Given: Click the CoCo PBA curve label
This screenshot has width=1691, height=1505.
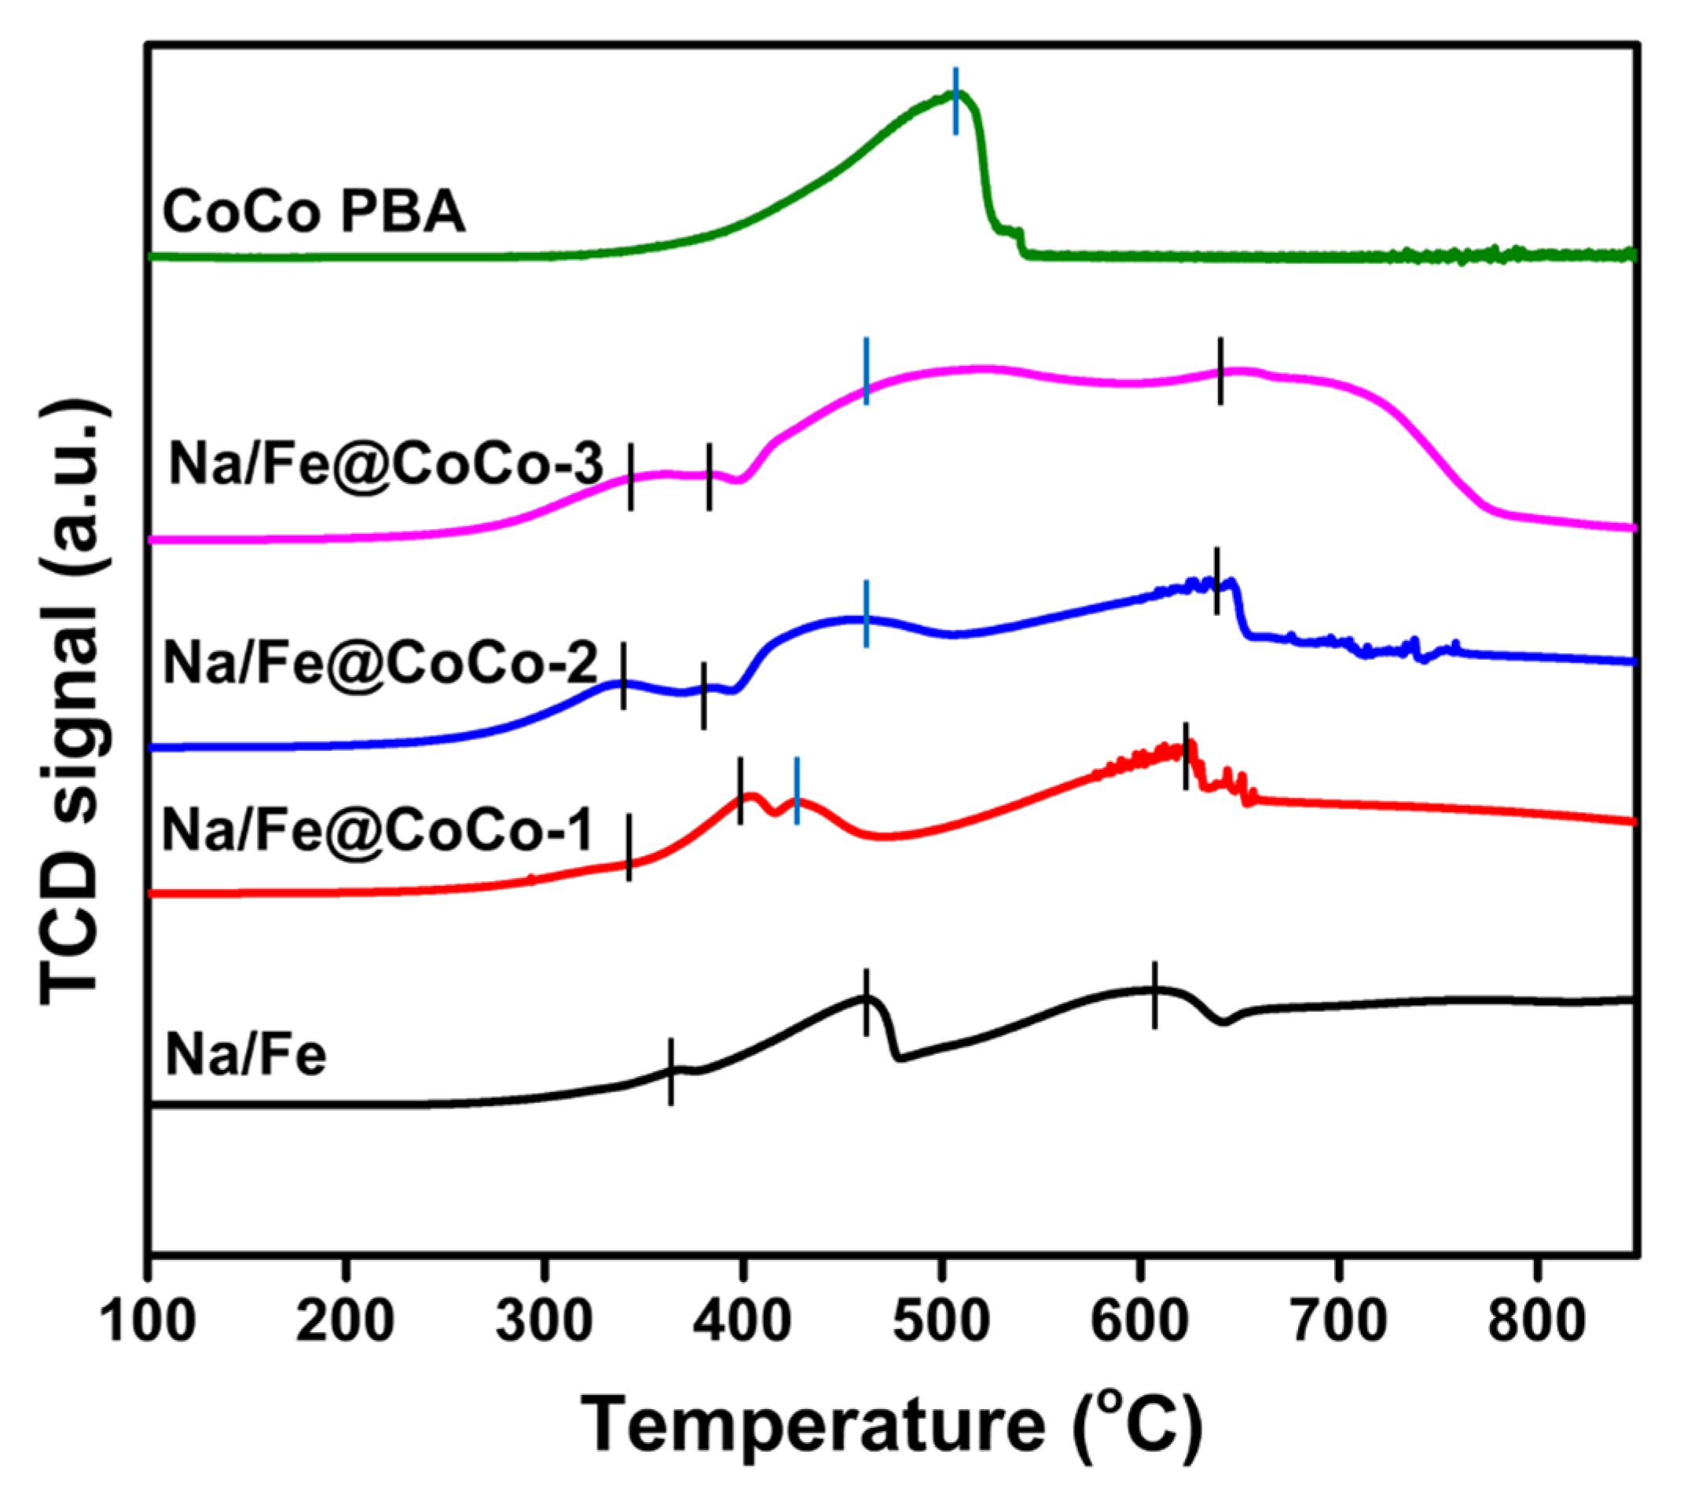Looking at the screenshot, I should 314,212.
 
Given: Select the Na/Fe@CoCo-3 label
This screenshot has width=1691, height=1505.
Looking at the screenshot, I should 386,464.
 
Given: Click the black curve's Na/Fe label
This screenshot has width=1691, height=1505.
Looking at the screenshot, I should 246,1056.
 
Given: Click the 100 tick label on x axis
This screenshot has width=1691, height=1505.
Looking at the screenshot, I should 148,1321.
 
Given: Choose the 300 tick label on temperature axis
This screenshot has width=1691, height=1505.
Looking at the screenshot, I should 544,1321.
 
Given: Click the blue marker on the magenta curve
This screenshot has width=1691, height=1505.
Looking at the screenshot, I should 866,372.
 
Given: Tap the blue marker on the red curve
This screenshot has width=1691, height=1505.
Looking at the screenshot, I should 797,790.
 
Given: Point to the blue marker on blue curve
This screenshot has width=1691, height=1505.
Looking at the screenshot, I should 866,613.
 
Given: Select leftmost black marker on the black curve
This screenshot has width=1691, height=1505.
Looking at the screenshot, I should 671,1071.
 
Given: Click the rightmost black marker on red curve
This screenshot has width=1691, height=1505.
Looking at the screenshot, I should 1186,756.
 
